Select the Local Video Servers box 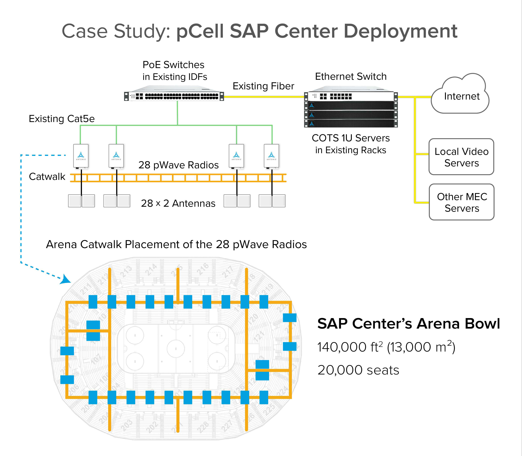point(461,157)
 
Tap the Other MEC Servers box point(461,202)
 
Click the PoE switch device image point(174,96)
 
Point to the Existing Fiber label point(263,86)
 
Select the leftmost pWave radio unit point(81,156)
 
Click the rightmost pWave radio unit point(271,156)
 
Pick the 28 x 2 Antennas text point(178,203)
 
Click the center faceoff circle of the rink point(176,349)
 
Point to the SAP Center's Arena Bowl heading point(408,324)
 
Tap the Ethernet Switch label point(351,76)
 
